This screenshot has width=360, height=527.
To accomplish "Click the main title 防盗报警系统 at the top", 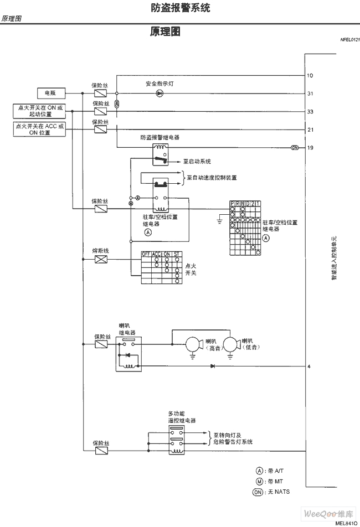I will click(x=180, y=8).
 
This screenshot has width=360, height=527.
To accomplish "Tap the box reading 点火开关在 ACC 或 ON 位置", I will click(x=39, y=129).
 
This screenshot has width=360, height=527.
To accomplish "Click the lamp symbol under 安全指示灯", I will click(x=159, y=94).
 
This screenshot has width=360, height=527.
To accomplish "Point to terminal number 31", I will click(x=310, y=94).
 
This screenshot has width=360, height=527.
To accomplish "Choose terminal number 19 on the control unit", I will click(x=310, y=148).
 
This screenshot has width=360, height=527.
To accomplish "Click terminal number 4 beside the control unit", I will click(x=309, y=366).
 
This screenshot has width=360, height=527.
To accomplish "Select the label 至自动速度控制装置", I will click(x=212, y=178).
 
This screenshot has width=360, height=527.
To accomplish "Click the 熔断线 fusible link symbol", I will click(x=101, y=259).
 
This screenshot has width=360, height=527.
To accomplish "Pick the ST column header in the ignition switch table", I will click(x=177, y=254).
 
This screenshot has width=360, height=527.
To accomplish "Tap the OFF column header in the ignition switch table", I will click(x=146, y=254).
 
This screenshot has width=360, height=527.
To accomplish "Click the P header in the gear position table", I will click(x=233, y=205).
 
